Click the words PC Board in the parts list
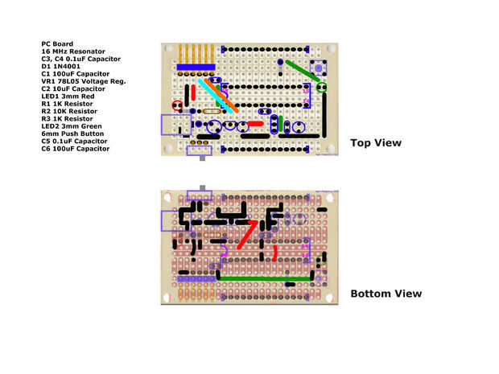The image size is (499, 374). tap(57, 44)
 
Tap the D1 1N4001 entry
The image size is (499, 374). tap(63, 67)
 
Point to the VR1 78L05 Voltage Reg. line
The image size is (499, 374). tap(84, 81)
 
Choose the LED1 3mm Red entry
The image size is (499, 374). tap(68, 97)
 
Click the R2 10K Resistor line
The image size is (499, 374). tap(69, 111)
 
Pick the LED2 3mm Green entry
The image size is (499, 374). tap(72, 126)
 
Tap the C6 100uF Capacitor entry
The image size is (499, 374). tap(76, 149)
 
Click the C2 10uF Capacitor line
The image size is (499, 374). tap(73, 88)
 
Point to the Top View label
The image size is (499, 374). tap(376, 143)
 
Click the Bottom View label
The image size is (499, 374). tap(386, 294)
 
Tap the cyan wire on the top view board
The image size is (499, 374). tap(214, 94)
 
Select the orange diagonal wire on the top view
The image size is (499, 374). tap(221, 95)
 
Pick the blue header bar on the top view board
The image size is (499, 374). tap(196, 67)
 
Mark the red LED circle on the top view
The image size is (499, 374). tap(177, 105)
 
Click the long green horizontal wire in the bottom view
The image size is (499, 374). tap(266, 278)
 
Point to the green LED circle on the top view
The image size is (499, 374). tap(321, 86)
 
